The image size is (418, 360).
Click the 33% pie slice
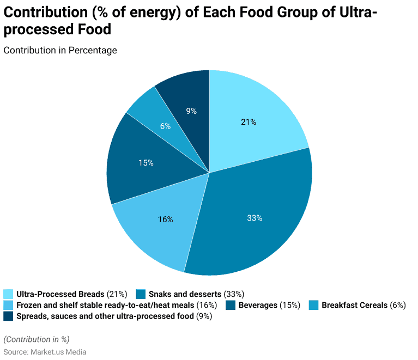[255, 218]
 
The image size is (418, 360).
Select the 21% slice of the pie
[249, 122]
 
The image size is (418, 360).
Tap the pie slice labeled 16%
[165, 219]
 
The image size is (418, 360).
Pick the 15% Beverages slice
[146, 162]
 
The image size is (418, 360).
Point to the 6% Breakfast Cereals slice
[165, 126]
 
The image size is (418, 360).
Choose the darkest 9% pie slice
[191, 111]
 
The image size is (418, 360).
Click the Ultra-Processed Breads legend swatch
[8, 294]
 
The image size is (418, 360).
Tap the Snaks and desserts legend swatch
[141, 294]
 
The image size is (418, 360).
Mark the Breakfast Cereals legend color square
[313, 305]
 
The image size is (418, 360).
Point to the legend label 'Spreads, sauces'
[104, 316]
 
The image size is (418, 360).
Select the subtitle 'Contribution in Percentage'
[60, 50]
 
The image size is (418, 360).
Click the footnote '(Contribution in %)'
[37, 339]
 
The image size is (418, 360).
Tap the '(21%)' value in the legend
[117, 294]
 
